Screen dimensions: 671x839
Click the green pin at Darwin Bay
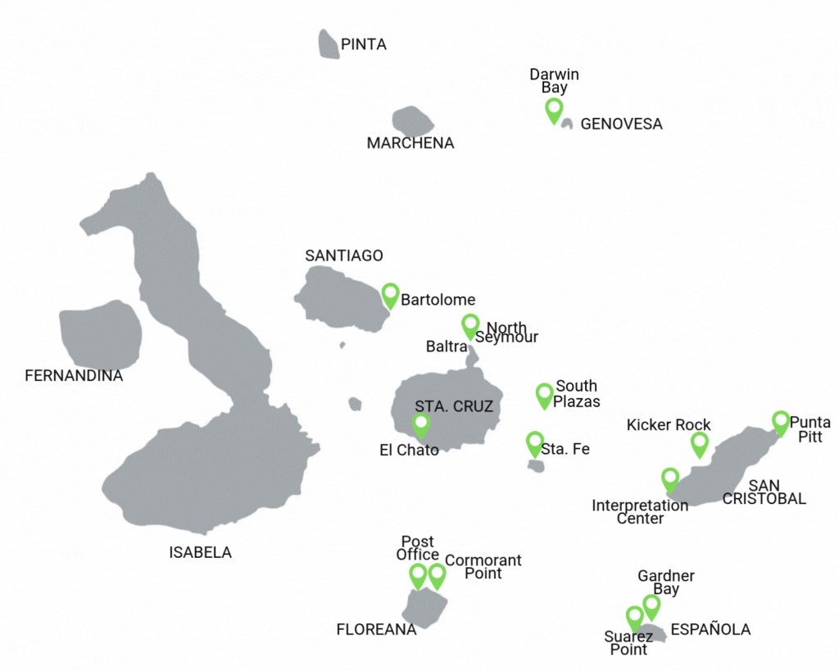554,109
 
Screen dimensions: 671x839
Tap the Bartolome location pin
391,294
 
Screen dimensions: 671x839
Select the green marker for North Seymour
470,325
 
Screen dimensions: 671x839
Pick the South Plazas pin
544,394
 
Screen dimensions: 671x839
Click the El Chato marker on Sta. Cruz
421,424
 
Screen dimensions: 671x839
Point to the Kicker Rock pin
699,443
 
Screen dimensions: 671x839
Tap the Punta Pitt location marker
780,422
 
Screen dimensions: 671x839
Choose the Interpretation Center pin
670,478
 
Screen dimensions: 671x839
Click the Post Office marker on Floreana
418,574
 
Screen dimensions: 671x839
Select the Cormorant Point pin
437,574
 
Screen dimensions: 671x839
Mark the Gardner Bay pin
651,606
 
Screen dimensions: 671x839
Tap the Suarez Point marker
634,617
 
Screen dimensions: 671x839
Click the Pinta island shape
329,44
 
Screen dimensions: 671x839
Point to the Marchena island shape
412,121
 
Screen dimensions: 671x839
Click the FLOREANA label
376,630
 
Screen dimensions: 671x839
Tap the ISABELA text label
200,553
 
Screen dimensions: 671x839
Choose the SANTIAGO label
343,256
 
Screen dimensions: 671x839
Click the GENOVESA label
621,125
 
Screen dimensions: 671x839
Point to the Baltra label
447,347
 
